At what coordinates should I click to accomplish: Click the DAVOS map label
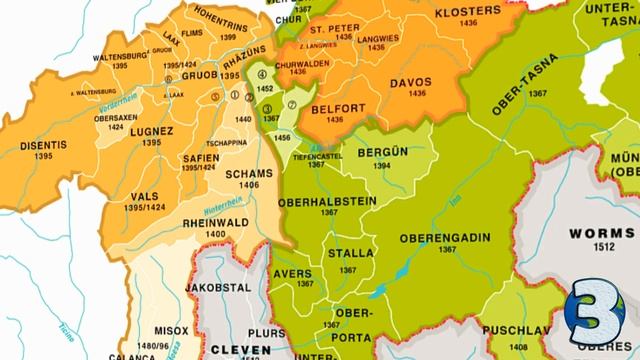(410, 83)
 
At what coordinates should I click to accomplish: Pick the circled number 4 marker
(263, 73)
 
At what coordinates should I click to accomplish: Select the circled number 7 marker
(292, 105)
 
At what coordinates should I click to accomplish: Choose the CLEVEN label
(241, 350)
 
